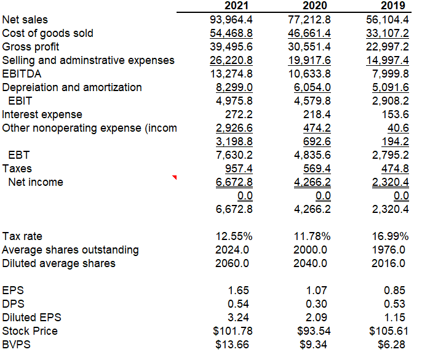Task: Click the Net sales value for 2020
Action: tap(309, 20)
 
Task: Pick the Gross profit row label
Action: tap(31, 47)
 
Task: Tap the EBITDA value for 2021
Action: tap(231, 74)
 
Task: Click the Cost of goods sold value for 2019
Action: tap(388, 33)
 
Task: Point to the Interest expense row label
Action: tap(42, 114)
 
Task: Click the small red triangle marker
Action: tap(175, 178)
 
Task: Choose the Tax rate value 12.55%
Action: tap(234, 236)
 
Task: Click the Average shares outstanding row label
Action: tap(70, 250)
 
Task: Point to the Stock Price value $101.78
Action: tap(232, 331)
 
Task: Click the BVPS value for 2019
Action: tap(394, 345)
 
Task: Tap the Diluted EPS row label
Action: tap(31, 318)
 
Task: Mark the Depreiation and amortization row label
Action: tap(72, 87)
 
